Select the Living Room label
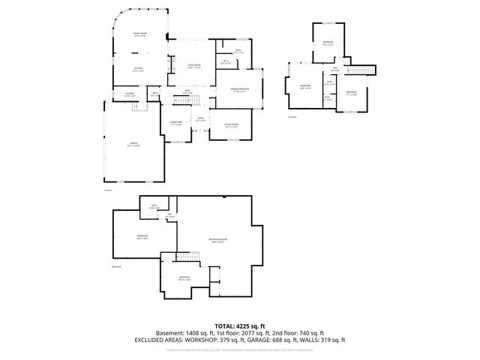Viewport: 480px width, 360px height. [193, 67]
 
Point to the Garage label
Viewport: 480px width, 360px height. [134, 144]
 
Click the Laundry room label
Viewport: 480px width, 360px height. [128, 94]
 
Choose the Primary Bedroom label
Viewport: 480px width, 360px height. [239, 90]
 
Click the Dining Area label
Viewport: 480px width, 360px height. [176, 123]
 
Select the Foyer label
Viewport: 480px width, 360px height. [200, 119]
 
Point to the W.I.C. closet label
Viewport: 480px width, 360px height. [226, 62]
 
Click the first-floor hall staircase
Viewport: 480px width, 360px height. [193, 99]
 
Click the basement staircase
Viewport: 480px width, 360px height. [185, 258]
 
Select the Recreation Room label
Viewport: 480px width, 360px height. [218, 241]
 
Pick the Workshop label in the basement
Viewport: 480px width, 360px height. [142, 237]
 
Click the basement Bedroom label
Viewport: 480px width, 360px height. [184, 278]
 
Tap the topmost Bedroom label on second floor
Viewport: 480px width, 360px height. [328, 43]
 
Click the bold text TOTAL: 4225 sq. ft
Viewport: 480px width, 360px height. [239, 325]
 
